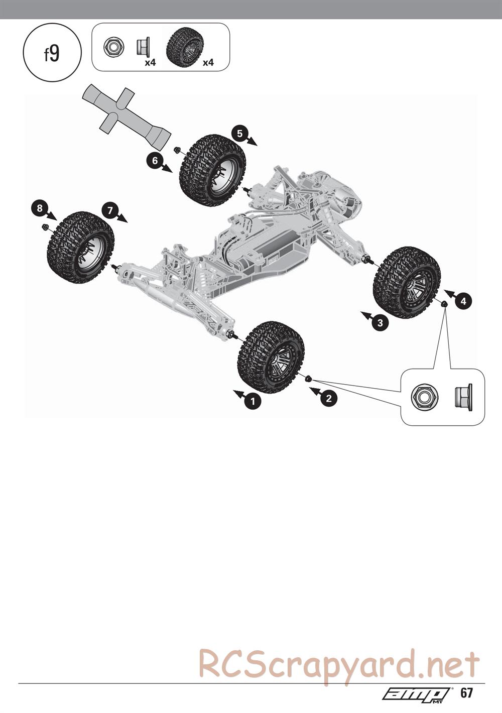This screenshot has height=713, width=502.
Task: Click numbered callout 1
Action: pyautogui.click(x=253, y=401)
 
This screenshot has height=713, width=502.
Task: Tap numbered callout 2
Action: pyautogui.click(x=329, y=398)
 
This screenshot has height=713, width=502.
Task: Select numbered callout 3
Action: pyautogui.click(x=380, y=323)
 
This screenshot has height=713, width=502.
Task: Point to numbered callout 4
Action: pyautogui.click(x=463, y=301)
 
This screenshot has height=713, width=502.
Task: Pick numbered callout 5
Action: pyautogui.click(x=239, y=134)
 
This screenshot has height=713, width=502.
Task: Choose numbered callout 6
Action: pyautogui.click(x=155, y=161)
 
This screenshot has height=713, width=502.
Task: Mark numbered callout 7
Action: pyautogui.click(x=110, y=210)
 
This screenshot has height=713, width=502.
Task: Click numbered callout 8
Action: pyautogui.click(x=40, y=208)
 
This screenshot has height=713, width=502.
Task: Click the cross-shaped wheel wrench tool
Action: pyautogui.click(x=126, y=116)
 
